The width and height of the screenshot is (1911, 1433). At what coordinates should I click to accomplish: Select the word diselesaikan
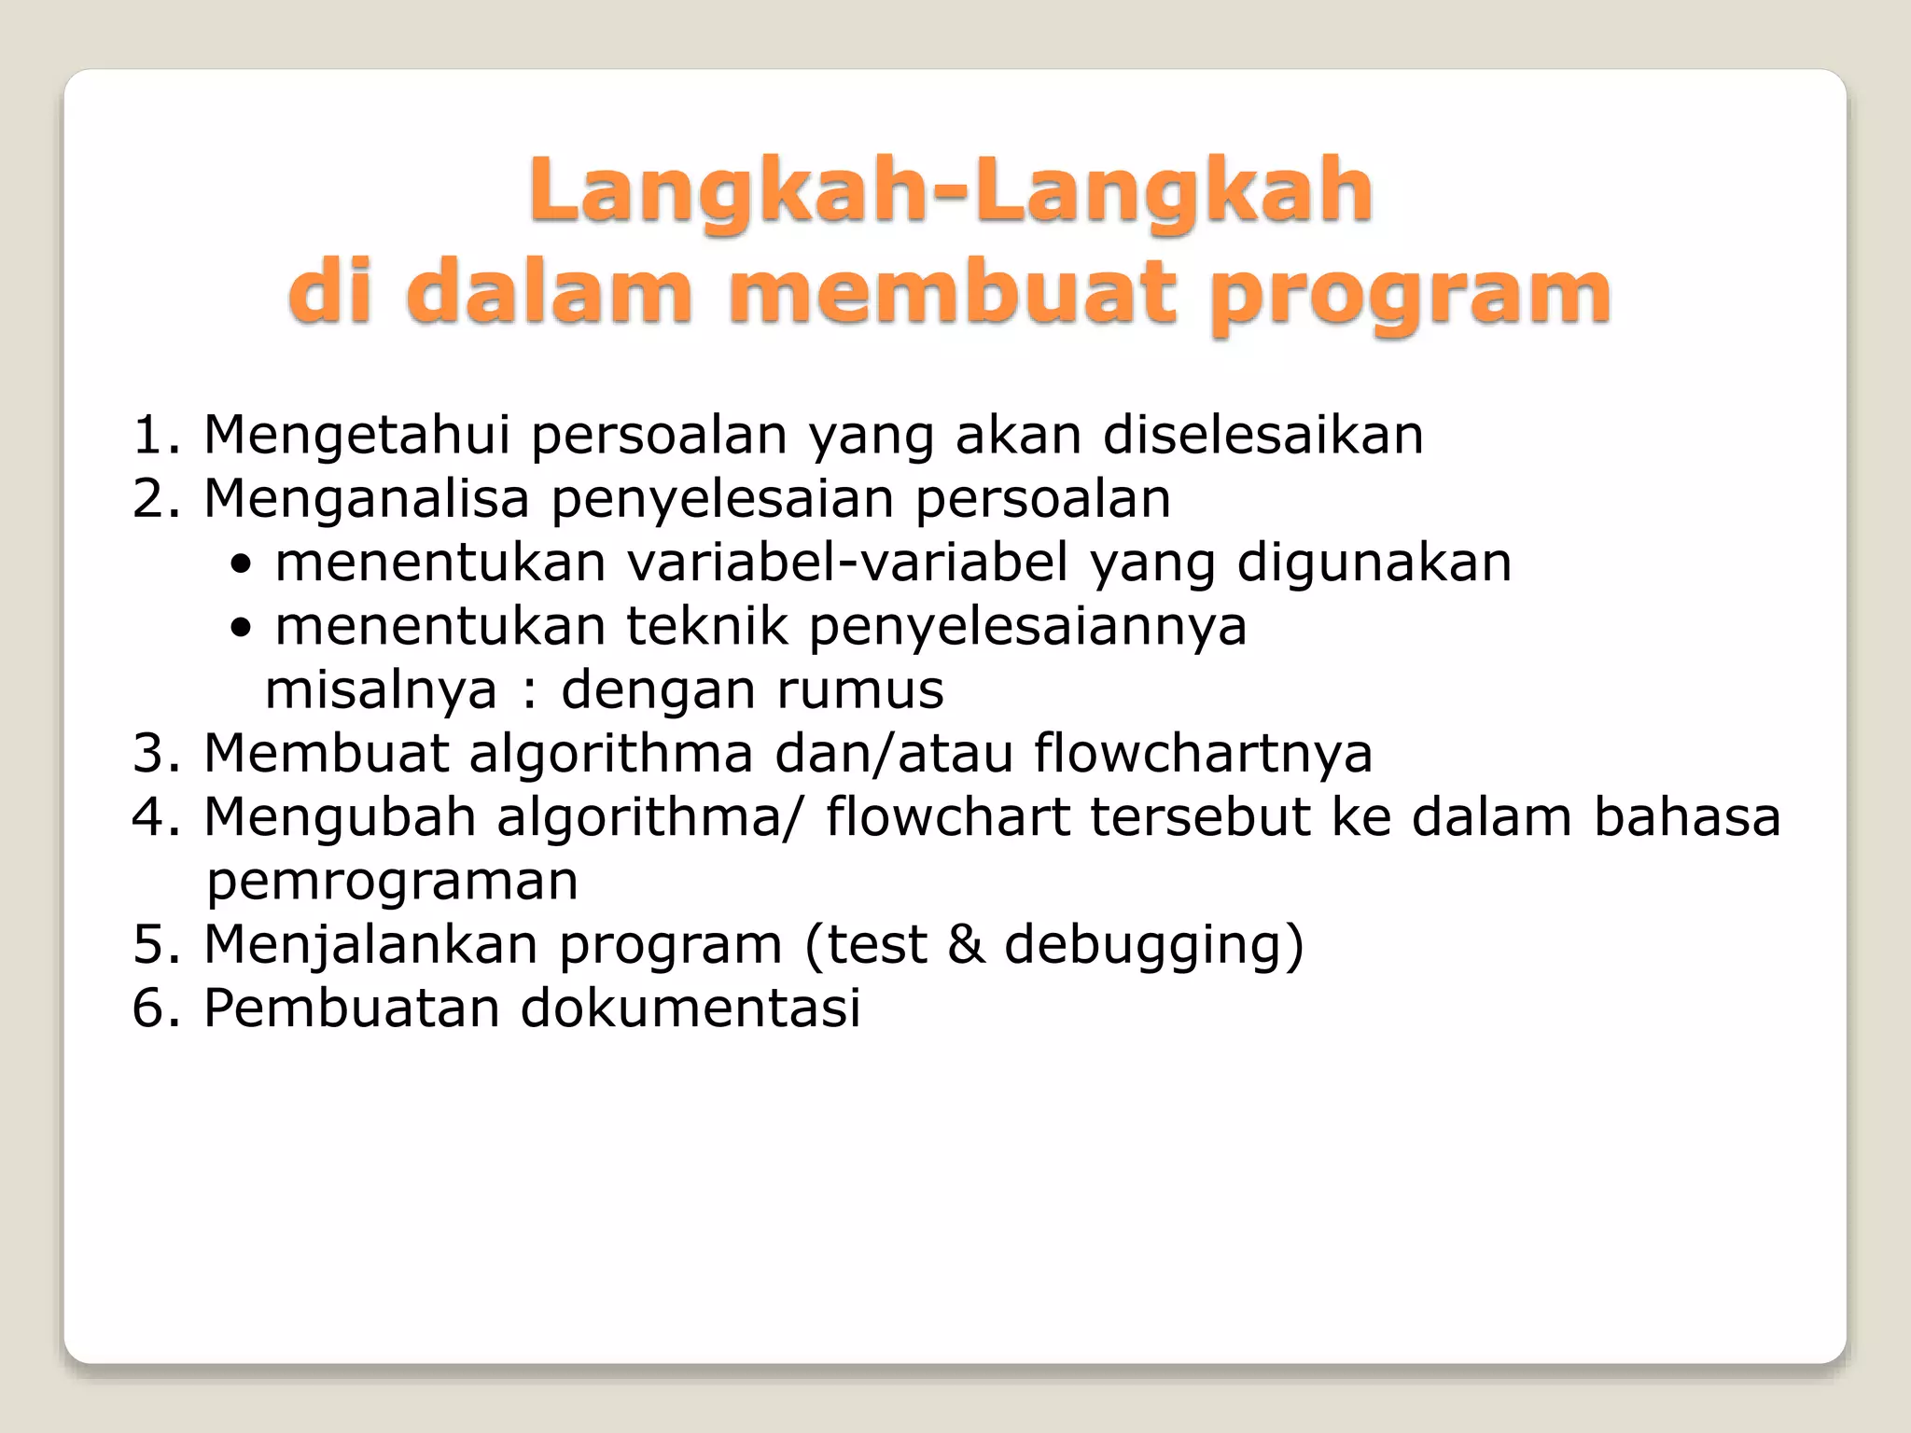click(x=1263, y=435)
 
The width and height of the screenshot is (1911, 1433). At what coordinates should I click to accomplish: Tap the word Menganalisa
click(x=367, y=499)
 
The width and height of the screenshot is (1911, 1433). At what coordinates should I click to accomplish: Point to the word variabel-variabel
click(x=847, y=563)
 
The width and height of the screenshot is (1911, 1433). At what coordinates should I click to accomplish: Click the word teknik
click(x=706, y=626)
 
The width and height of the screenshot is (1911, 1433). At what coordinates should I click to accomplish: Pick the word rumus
click(x=859, y=689)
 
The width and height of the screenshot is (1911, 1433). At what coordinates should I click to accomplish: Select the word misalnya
click(x=382, y=690)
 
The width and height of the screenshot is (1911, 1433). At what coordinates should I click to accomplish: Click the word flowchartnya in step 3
click(x=1203, y=753)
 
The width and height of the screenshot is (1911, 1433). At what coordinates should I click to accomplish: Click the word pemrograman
click(x=392, y=882)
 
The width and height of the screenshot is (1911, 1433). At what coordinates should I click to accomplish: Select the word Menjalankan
click(x=370, y=944)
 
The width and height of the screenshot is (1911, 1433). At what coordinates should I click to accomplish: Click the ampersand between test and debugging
click(x=965, y=944)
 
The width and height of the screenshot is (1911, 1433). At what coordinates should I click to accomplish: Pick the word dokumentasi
click(x=690, y=1009)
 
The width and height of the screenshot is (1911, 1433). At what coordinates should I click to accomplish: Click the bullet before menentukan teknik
click(x=242, y=629)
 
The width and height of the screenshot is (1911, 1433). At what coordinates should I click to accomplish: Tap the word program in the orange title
click(x=1410, y=295)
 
